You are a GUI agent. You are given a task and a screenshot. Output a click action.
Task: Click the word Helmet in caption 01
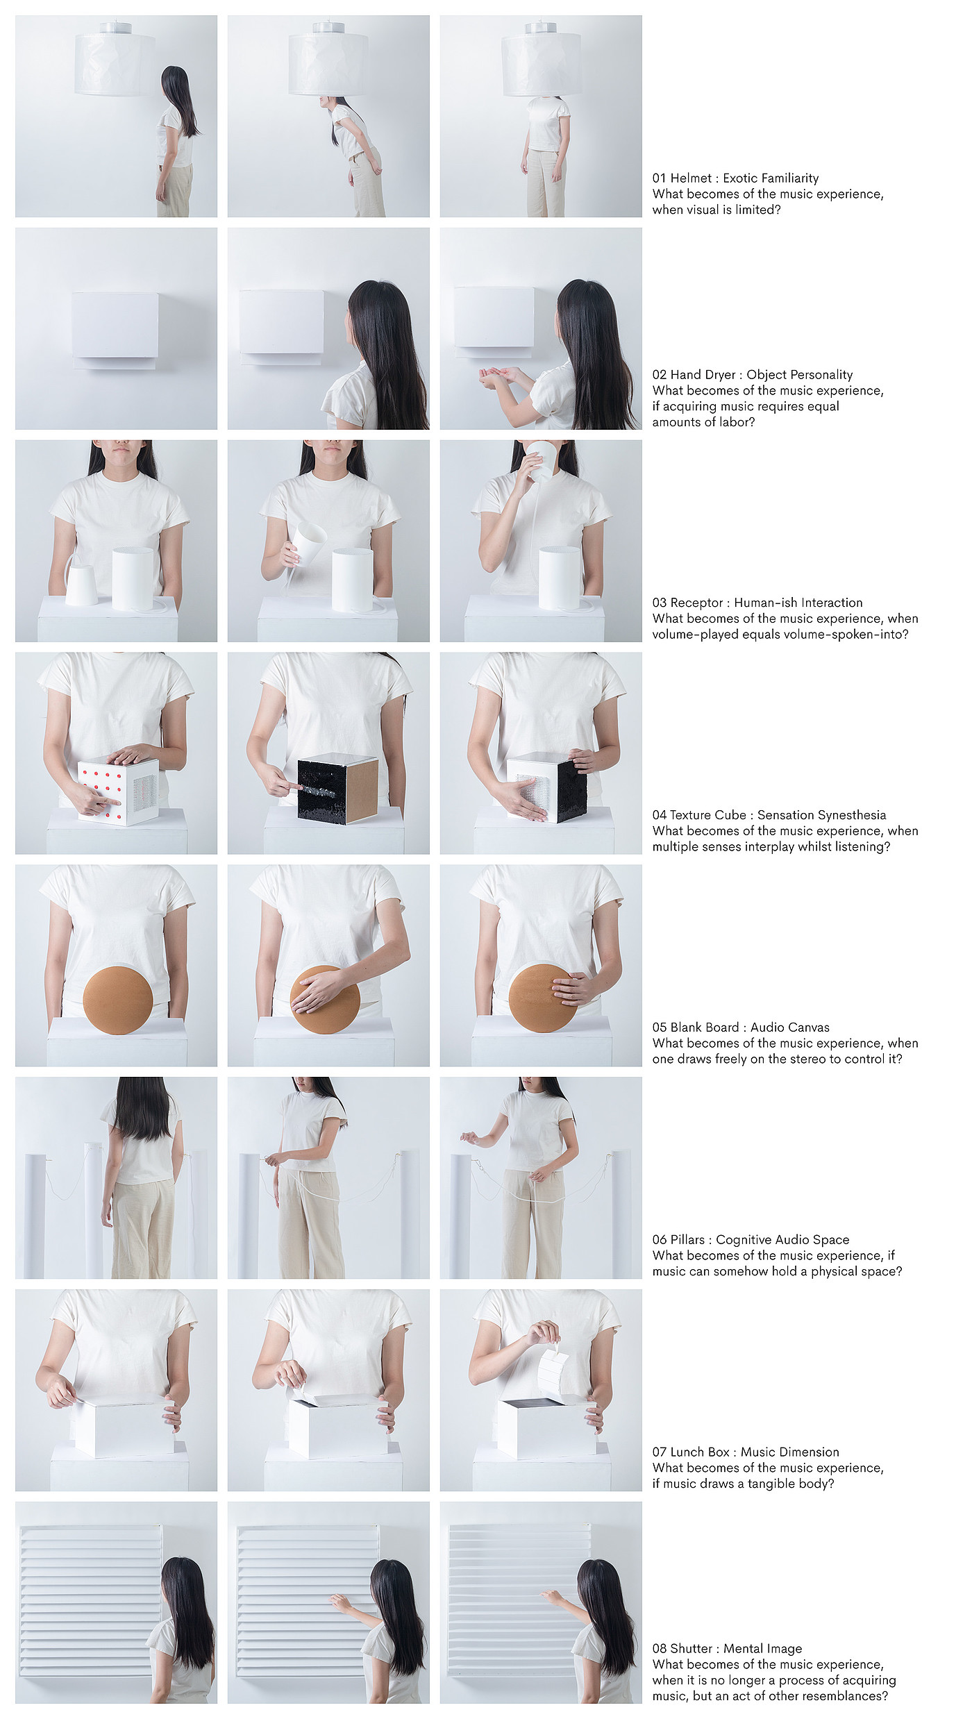(691, 178)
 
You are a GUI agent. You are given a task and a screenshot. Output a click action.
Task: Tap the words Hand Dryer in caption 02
(703, 375)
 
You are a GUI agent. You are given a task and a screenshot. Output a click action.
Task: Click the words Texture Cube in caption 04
(708, 815)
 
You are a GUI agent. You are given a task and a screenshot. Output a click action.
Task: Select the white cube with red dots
(118, 791)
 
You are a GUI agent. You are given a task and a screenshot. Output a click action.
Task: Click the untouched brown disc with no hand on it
(118, 1000)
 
